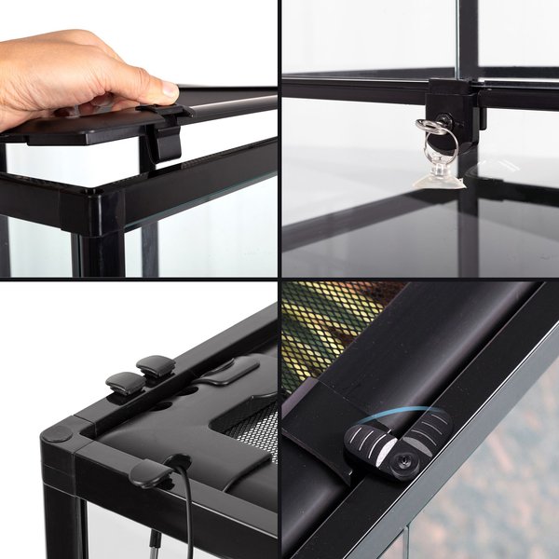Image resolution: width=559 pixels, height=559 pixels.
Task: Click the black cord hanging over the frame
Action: tap(187, 503)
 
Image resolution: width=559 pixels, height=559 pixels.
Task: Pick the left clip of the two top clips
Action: tap(125, 382)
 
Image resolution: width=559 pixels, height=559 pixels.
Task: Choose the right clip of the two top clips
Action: tap(156, 366)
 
